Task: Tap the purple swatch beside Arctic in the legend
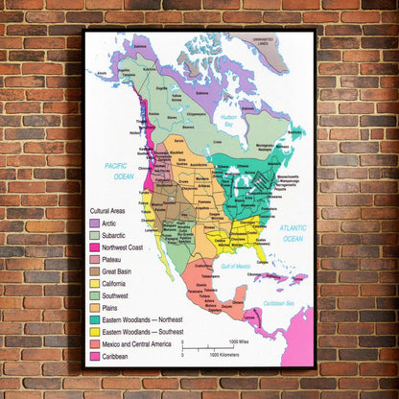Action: pyautogui.click(x=95, y=223)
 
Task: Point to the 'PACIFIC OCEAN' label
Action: pyautogui.click(x=119, y=170)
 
